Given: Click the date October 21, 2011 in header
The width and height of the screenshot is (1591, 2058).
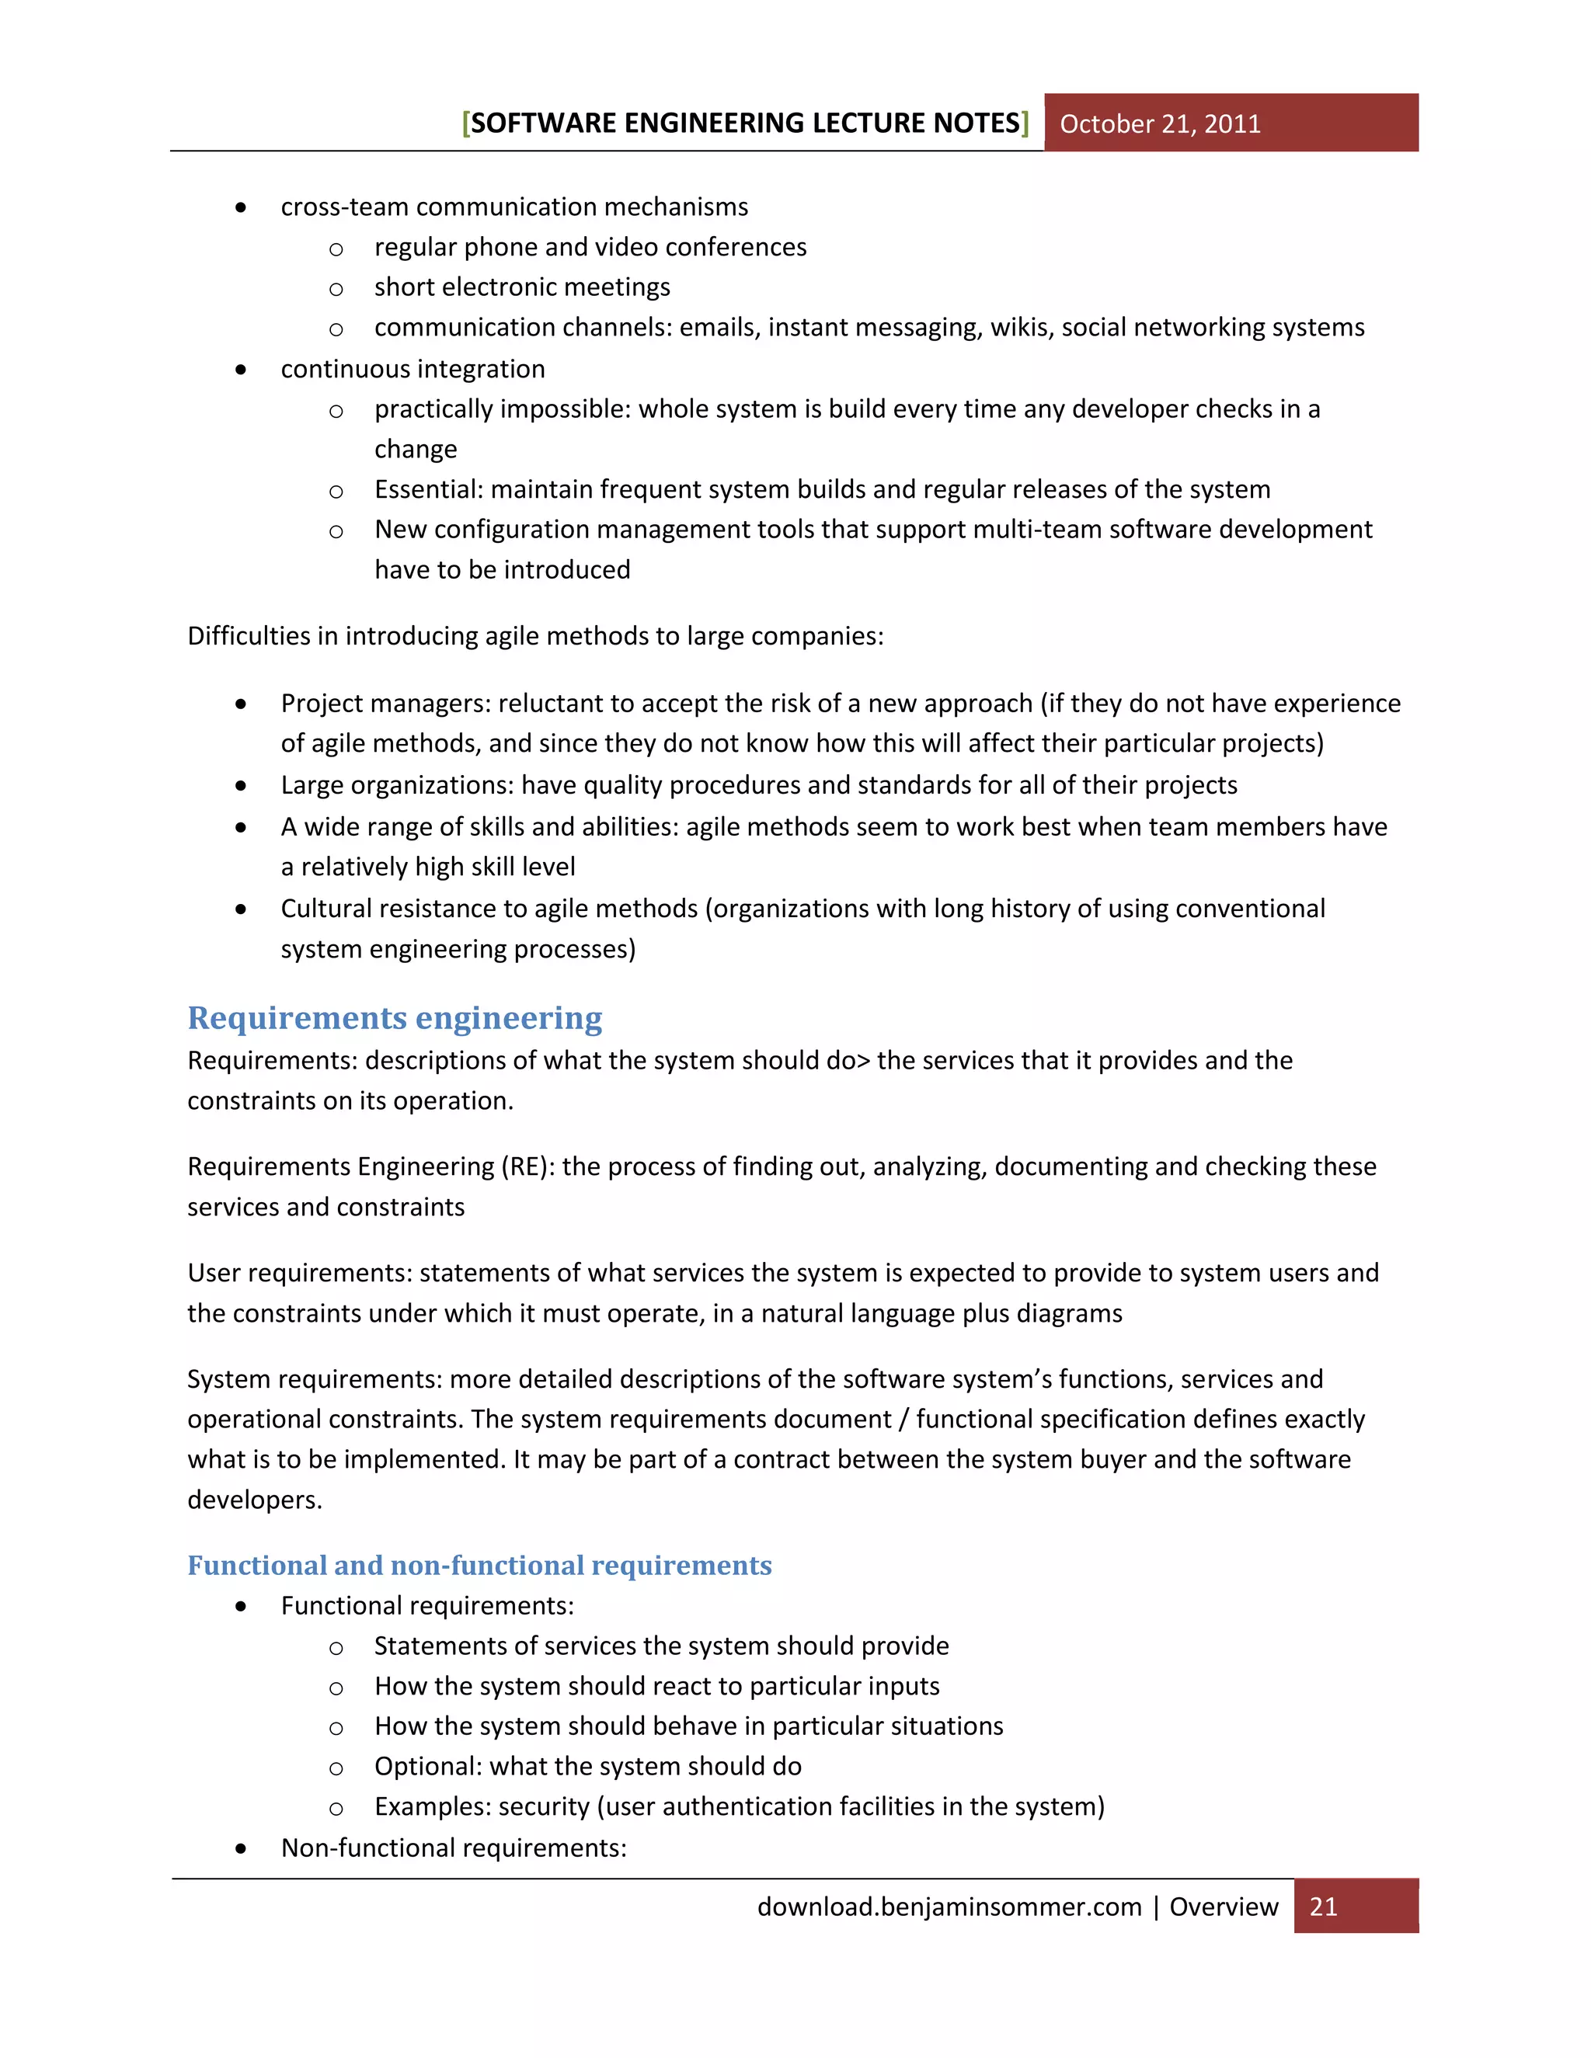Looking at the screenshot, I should (1159, 123).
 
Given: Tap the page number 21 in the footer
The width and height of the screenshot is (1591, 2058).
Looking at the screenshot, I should (1323, 1907).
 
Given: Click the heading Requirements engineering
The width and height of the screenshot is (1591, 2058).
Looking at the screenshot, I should (394, 1017).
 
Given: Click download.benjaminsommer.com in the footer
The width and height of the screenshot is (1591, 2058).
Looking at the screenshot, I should (949, 1907).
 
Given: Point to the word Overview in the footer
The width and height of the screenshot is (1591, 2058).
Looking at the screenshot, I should (1224, 1907).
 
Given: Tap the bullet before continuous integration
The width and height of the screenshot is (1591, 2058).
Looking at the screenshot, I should (242, 370).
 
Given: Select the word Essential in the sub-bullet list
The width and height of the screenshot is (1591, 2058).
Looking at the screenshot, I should (428, 489).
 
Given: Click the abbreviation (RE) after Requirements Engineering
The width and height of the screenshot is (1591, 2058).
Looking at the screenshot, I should (527, 1166).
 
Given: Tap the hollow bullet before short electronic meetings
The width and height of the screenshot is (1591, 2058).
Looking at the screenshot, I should (336, 288).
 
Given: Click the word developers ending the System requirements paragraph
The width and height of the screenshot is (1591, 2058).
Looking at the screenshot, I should (252, 1499).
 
